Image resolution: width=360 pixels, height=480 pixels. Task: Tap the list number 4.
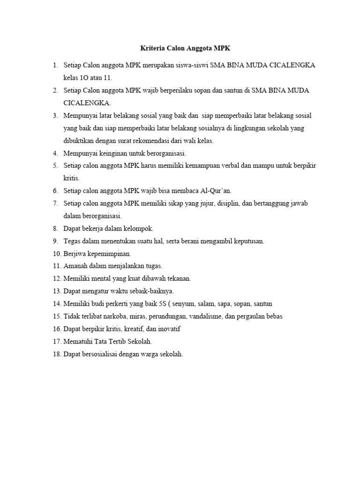[55, 153]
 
